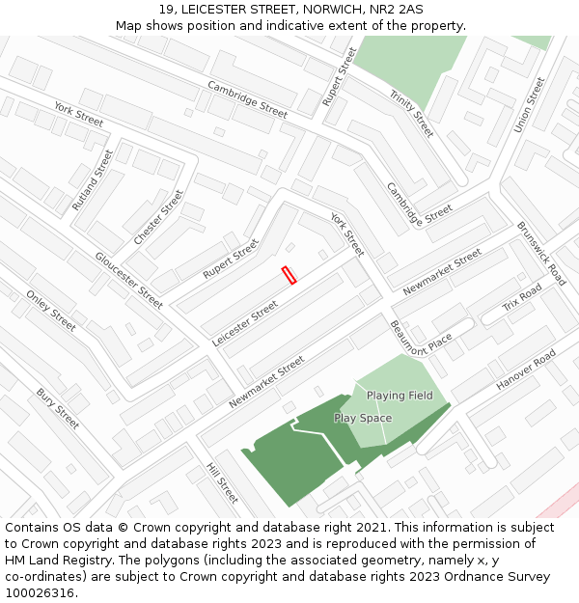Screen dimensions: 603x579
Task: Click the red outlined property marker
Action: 289,275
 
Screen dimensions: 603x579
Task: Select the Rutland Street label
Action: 86,180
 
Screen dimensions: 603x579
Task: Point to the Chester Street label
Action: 158,218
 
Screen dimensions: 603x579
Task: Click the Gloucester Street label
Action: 128,280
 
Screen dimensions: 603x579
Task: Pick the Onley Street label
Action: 51,311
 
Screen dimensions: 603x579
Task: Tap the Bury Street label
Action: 58,409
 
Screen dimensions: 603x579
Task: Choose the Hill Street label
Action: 222,482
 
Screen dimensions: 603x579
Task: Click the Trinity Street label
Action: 412,112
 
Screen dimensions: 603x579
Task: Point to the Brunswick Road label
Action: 541,254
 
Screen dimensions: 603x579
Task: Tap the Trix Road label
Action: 522,299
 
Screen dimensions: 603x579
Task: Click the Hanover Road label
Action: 526,370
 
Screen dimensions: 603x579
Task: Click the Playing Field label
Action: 400,396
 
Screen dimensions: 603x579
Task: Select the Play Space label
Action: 363,418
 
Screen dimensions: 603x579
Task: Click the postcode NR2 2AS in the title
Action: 399,10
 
